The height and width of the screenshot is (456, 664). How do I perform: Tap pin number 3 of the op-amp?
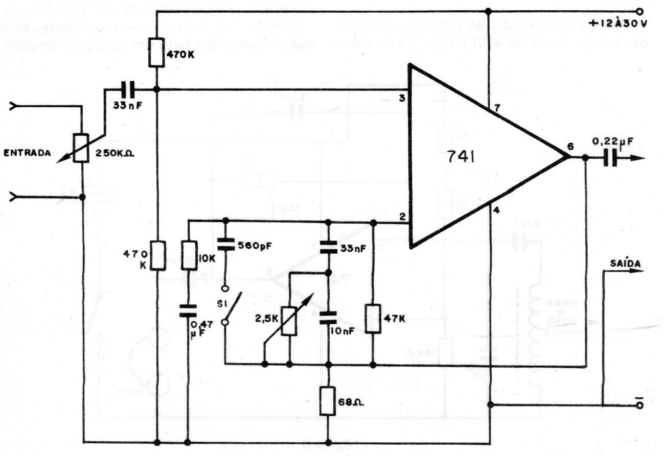pos(402,99)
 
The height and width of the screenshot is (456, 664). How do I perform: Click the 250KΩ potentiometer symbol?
pos(81,148)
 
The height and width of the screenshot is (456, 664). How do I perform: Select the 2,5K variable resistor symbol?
pos(290,321)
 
